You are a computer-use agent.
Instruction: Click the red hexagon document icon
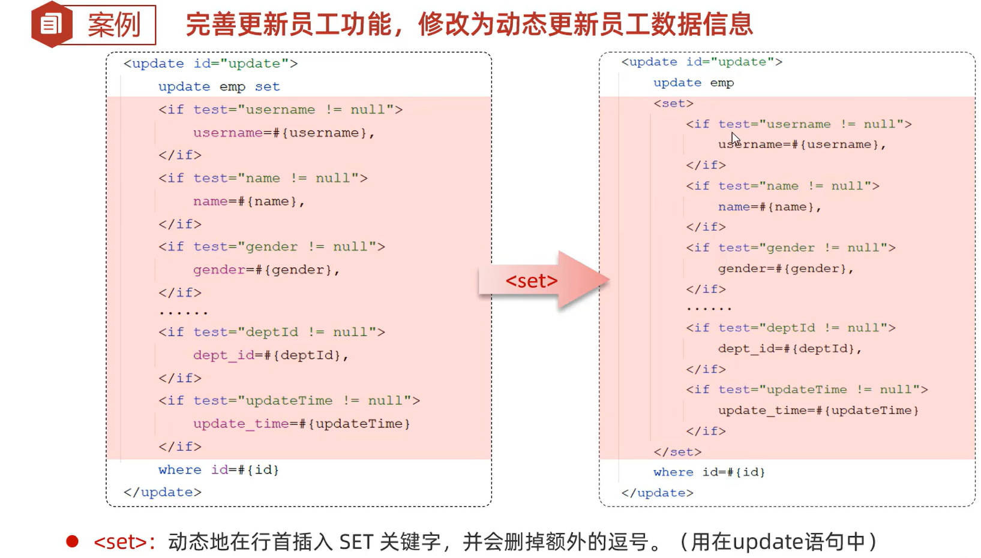[52, 25]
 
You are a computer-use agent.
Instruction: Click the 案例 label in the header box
[114, 25]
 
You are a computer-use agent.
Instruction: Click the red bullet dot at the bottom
[73, 542]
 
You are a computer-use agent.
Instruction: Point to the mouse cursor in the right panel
[735, 138]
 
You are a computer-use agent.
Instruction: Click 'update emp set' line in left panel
[219, 86]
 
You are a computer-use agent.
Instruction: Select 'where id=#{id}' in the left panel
[218, 469]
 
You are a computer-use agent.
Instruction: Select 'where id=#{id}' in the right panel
[709, 472]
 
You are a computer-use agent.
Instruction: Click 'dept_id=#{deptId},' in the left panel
[271, 355]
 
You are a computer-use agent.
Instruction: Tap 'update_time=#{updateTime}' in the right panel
[818, 411]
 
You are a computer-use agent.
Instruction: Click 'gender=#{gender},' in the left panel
[266, 270]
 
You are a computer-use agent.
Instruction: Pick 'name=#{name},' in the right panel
[769, 207]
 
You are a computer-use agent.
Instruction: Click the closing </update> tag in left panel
[163, 492]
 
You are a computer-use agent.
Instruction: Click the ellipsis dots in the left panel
[183, 312]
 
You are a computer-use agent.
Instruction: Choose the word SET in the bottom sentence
[356, 542]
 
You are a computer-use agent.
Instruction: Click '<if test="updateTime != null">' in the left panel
[289, 400]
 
